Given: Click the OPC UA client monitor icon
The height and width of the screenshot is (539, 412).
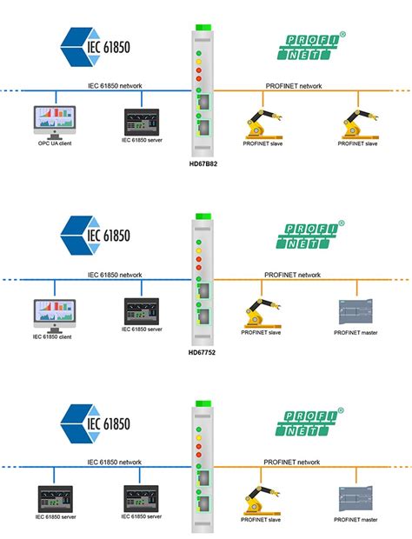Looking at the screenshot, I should coord(54,121).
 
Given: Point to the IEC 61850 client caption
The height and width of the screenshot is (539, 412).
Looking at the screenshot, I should coord(54,336).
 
